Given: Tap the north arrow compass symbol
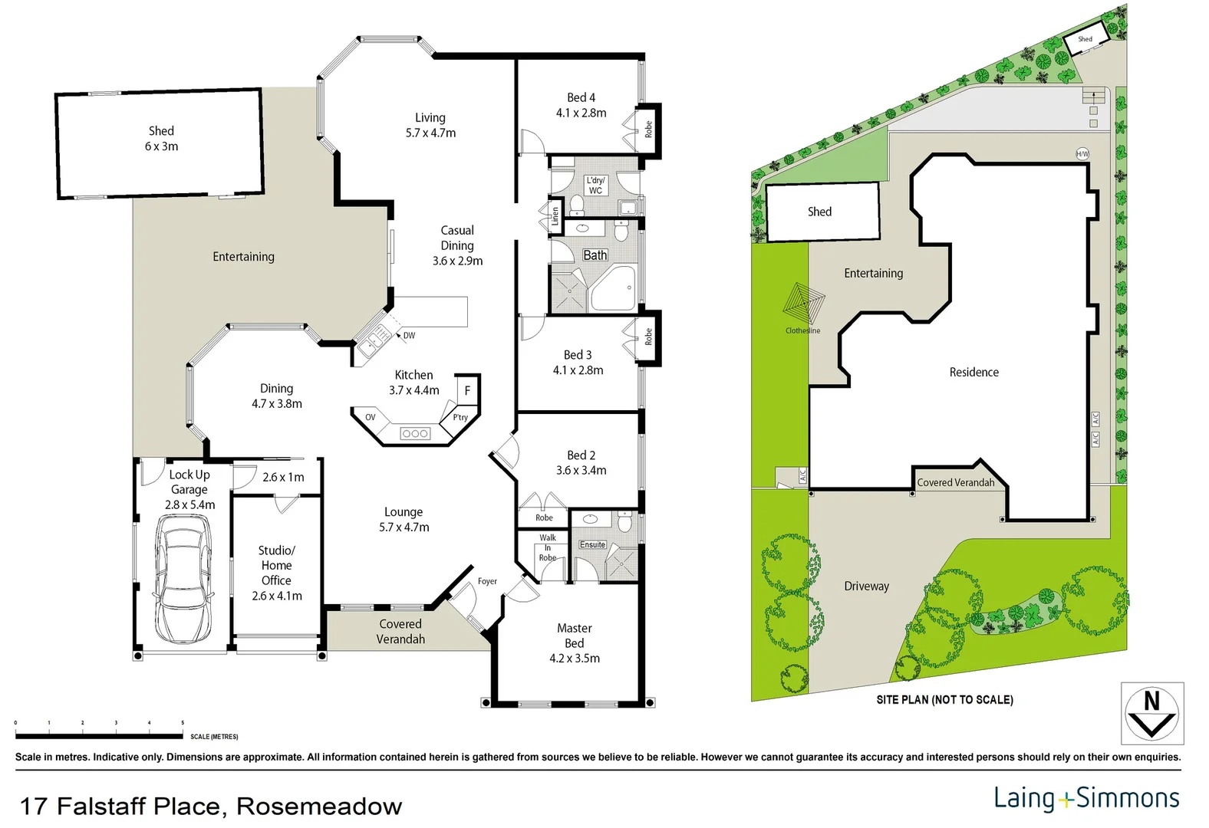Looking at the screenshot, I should [1151, 713].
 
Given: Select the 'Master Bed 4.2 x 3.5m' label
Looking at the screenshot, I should [575, 642].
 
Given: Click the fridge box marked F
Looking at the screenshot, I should [467, 390].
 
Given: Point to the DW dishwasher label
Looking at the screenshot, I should [409, 335].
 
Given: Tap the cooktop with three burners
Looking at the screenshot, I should [415, 433].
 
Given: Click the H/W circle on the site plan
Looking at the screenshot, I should [1082, 153].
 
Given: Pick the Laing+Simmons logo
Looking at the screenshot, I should [1086, 798].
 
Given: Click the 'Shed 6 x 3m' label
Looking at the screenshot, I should [161, 138].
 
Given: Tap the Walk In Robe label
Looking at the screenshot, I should [548, 547].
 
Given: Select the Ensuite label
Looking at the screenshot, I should [592, 544].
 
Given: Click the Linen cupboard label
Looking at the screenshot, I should [555, 217].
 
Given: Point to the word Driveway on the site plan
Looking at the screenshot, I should [866, 586].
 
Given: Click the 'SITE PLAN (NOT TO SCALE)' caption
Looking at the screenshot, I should [944, 699].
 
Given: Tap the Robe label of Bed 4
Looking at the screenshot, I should [648, 129].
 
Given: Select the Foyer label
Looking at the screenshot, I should [487, 581].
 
